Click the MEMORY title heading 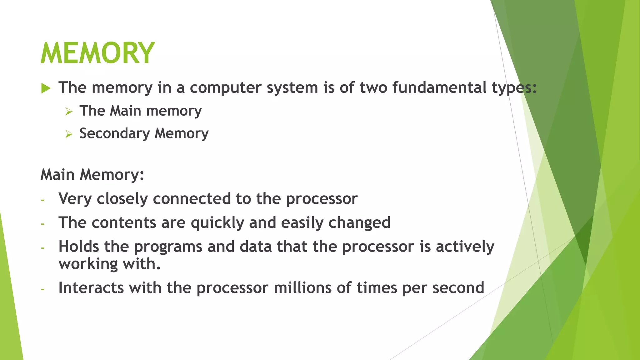click(97, 53)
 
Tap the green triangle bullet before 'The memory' click(46, 88)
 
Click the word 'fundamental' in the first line click(439, 87)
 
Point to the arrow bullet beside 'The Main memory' click(69, 112)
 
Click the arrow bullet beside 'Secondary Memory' click(69, 134)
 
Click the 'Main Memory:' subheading click(92, 175)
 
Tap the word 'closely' click(122, 199)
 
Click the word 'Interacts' click(91, 288)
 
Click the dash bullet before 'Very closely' click(42, 200)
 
